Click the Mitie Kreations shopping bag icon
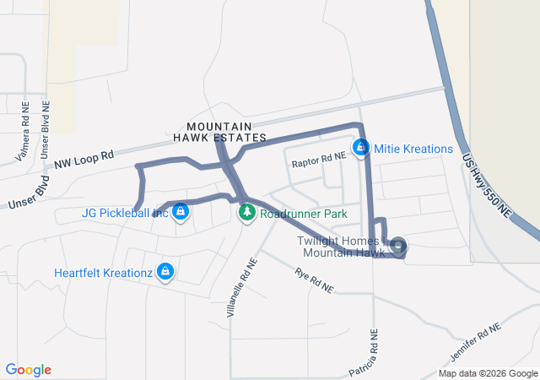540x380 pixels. click(x=361, y=148)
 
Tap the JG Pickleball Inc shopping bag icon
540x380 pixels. click(x=180, y=213)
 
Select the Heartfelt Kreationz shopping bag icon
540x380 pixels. click(x=165, y=272)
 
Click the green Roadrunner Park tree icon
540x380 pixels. click(x=247, y=214)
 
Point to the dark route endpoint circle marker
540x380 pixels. click(x=399, y=247)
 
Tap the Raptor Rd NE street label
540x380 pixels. click(x=318, y=157)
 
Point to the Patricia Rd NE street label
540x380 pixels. click(x=370, y=349)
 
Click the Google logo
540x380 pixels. click(x=28, y=370)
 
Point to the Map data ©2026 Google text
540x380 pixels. click(x=487, y=373)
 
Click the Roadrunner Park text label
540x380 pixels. click(x=303, y=214)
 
